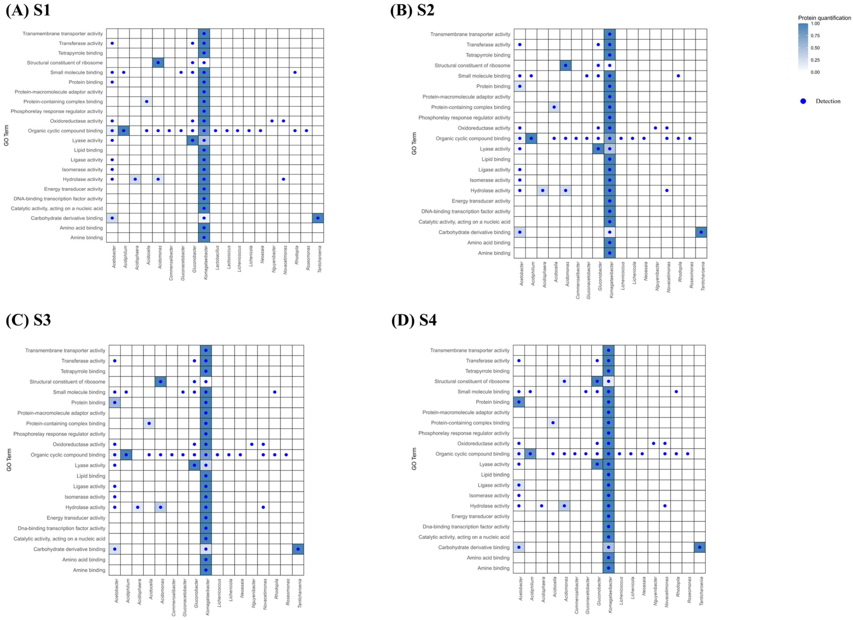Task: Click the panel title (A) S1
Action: tap(28, 10)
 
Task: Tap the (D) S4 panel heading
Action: tap(414, 320)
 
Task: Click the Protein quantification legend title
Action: tap(824, 18)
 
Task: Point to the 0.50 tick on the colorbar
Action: tap(815, 48)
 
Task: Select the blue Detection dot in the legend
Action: tap(803, 101)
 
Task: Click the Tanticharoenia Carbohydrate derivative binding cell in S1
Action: tap(318, 218)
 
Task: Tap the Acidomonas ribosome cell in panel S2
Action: tap(565, 65)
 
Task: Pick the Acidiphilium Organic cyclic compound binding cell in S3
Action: tap(126, 454)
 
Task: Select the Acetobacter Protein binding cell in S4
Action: tap(519, 402)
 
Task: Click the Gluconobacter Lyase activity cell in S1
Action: tap(193, 140)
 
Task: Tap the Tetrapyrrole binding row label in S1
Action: tap(80, 53)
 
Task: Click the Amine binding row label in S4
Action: tap(493, 568)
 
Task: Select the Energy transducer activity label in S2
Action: tap(481, 201)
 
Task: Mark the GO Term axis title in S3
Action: tap(9, 460)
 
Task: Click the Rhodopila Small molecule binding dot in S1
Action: tap(295, 72)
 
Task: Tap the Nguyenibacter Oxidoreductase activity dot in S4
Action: tap(654, 443)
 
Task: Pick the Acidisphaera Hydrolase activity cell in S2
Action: tap(542, 191)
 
